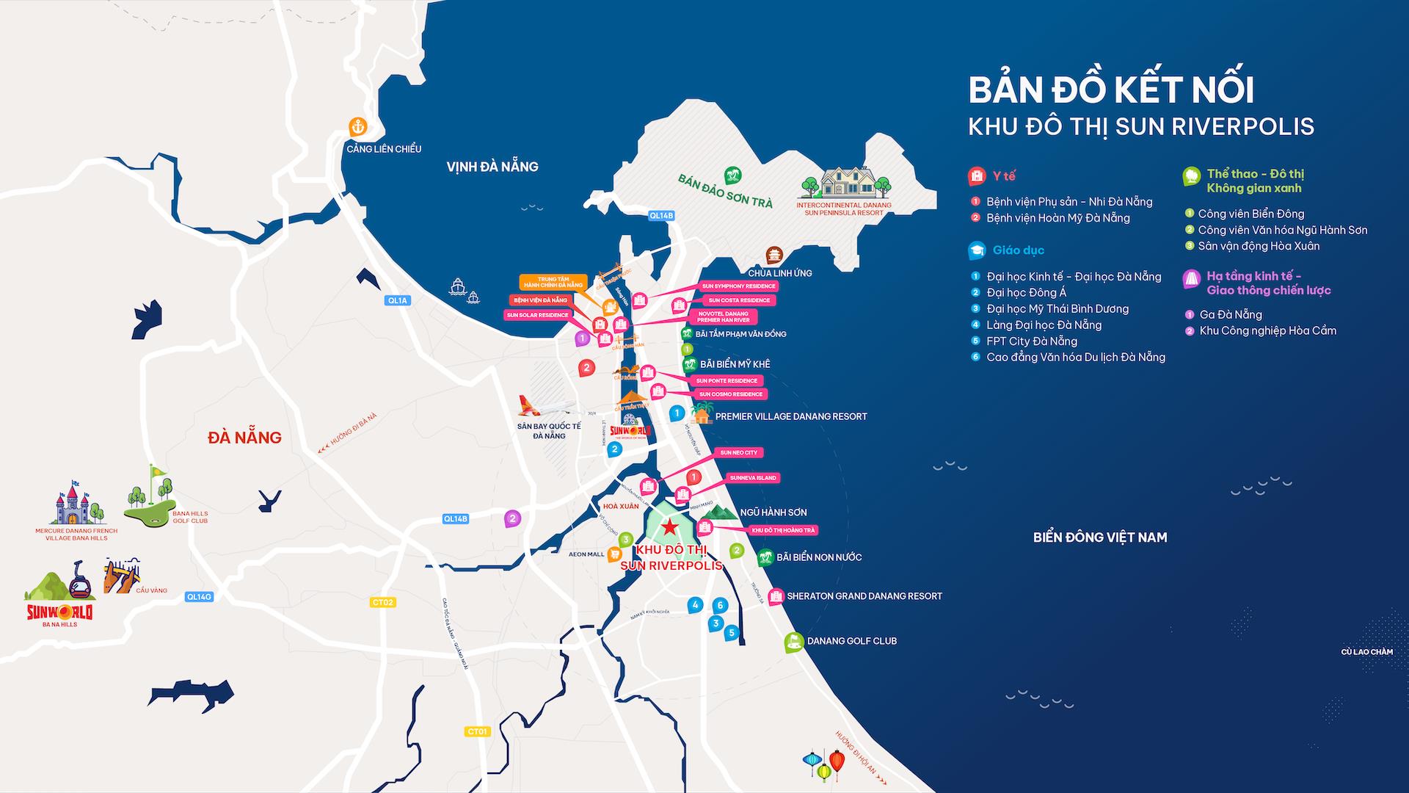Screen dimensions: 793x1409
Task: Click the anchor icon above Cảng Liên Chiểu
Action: pyautogui.click(x=357, y=126)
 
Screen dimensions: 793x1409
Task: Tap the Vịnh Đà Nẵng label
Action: pyautogui.click(x=492, y=167)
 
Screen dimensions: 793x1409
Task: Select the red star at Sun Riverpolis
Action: pyautogui.click(x=669, y=526)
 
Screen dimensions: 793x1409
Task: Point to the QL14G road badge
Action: pyautogui.click(x=199, y=597)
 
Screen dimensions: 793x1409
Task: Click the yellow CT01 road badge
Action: pyautogui.click(x=477, y=731)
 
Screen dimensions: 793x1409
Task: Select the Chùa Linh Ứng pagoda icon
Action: pyautogui.click(x=774, y=255)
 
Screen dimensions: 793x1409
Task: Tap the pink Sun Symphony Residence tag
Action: pyautogui.click(x=738, y=286)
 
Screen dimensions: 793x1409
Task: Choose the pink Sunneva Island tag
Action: pyautogui.click(x=753, y=478)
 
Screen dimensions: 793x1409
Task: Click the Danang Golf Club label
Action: pyautogui.click(x=851, y=641)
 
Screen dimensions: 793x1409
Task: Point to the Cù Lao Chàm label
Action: pyautogui.click(x=1366, y=652)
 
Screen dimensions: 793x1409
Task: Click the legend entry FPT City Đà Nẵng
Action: pyautogui.click(x=1031, y=341)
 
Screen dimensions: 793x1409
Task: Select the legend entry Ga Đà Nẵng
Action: pyautogui.click(x=1230, y=314)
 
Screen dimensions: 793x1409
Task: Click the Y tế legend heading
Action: pyautogui.click(x=1003, y=176)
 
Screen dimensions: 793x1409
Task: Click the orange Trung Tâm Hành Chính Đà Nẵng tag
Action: pyautogui.click(x=553, y=282)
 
